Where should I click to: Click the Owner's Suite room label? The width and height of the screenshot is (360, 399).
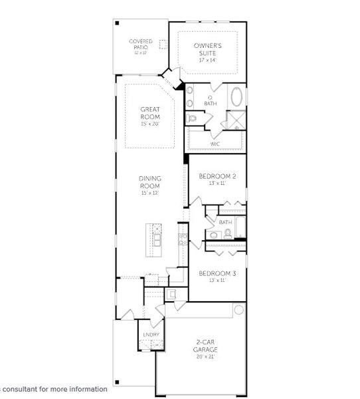coord(208,49)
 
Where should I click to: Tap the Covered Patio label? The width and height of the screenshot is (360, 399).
coord(140,44)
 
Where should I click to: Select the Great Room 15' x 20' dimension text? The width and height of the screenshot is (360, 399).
coord(150,124)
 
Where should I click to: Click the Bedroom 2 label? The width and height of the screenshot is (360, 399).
coord(218,176)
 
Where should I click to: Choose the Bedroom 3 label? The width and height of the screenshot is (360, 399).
coord(218,273)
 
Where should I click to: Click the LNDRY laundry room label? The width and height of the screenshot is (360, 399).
coord(151,334)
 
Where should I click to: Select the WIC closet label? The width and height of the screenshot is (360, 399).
coord(215,144)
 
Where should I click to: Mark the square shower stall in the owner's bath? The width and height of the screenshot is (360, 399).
coord(235,120)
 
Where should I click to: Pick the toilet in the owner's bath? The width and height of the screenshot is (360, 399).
coord(192,118)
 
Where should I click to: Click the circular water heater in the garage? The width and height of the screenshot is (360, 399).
coord(238,310)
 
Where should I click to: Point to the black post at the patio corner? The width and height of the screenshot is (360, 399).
coord(117,23)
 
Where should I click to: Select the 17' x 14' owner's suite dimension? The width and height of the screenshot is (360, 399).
coord(208,60)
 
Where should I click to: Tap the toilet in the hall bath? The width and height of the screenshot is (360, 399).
coord(227,233)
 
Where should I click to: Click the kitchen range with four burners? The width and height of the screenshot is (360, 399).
coord(182,239)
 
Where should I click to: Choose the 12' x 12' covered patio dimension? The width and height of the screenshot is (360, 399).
coord(140,52)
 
